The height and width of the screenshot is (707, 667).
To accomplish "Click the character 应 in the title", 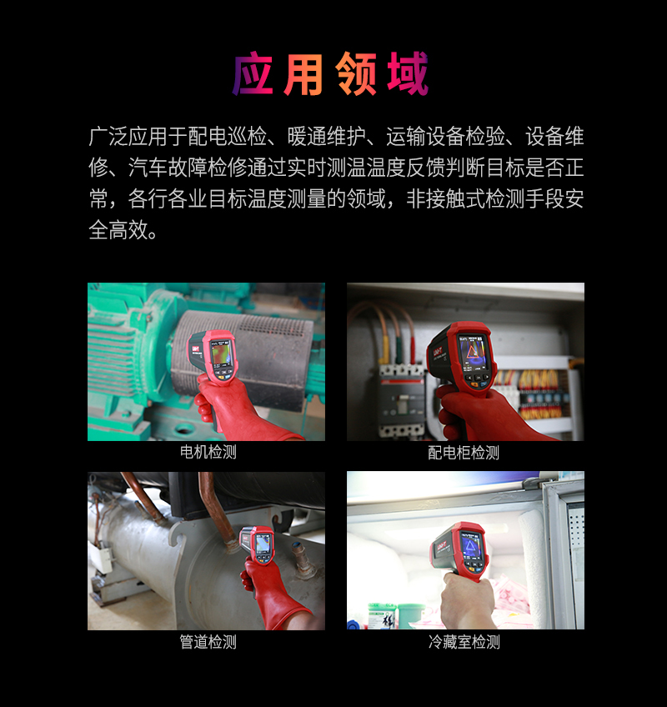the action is (x=253, y=73).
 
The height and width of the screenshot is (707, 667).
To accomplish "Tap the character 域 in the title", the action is (x=408, y=73).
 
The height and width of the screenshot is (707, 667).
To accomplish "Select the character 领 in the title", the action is (x=356, y=73).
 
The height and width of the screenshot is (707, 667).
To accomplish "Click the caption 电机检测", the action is (x=208, y=452).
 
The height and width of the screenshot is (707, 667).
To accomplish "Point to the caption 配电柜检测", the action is (x=464, y=452).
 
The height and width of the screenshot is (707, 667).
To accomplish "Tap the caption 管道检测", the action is (x=208, y=642).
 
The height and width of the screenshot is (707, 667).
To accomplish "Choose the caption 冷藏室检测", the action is (x=464, y=642).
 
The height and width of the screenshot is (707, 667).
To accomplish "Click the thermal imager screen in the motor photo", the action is (x=222, y=354).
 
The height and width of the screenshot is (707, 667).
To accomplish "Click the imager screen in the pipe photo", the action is (x=263, y=544).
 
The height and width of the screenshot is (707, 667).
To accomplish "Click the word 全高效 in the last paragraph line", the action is (x=118, y=229).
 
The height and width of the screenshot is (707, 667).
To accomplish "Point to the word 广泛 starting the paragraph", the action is (x=108, y=136).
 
